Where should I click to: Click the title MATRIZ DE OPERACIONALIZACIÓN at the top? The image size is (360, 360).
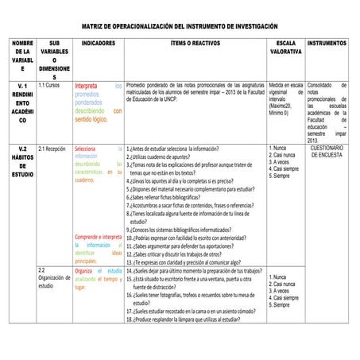point(180,26)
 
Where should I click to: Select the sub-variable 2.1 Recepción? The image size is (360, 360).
point(52,149)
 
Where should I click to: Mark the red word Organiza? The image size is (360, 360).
point(84,271)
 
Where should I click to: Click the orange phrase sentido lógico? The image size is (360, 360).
point(91,120)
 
